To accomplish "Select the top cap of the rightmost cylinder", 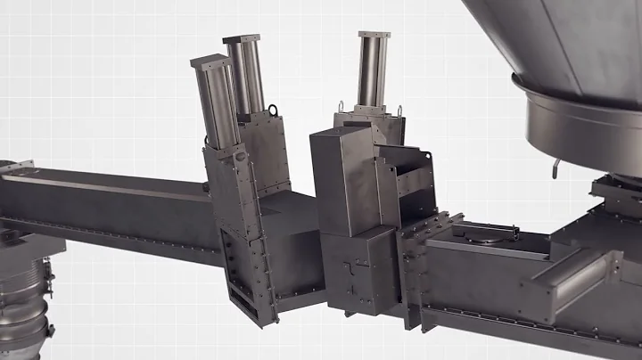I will (x=374, y=36).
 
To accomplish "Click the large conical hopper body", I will (x=553, y=45).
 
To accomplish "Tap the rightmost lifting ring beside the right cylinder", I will (x=399, y=110).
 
